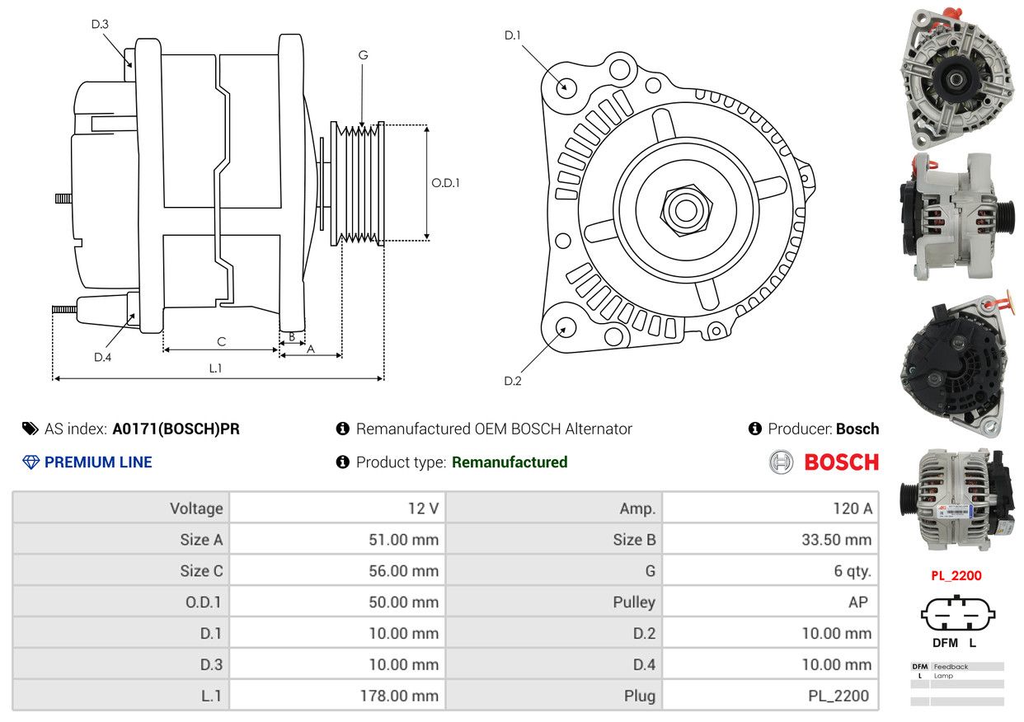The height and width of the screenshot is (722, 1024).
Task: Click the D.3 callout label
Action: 100,25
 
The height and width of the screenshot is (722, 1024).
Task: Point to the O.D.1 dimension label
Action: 445,183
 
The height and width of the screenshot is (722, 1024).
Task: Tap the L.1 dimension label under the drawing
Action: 215,368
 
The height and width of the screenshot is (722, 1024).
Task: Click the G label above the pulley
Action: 363,55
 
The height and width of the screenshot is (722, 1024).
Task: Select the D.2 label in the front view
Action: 513,381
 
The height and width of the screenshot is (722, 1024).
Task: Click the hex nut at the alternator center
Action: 684,208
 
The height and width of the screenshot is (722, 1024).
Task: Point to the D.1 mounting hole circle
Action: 566,86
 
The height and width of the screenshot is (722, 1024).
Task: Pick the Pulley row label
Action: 634,602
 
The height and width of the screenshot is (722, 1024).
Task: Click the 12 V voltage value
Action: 423,509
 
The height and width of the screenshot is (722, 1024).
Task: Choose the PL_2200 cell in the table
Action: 838,696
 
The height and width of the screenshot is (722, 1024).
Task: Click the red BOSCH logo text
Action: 841,462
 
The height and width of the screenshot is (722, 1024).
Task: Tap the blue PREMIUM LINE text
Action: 98,462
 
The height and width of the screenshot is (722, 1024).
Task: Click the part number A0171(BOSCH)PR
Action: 176,429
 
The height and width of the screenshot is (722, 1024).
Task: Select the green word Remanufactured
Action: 510,462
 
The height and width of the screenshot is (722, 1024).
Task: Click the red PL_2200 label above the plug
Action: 956,576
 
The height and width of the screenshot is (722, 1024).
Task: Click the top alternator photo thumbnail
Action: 956,78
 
